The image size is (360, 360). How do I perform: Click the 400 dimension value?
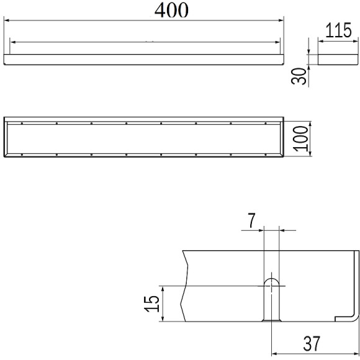click(171, 11)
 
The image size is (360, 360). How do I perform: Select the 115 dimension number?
click(338, 30)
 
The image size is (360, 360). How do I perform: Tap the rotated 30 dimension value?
click(299, 76)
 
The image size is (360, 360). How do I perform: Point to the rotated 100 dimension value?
click(301, 138)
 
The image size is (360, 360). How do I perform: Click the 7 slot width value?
click(251, 220)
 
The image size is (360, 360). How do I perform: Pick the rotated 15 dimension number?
click(152, 304)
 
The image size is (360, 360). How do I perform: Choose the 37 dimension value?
click(312, 344)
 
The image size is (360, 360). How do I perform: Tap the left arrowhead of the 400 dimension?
click(7, 20)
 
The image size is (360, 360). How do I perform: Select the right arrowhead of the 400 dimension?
click(281, 20)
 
